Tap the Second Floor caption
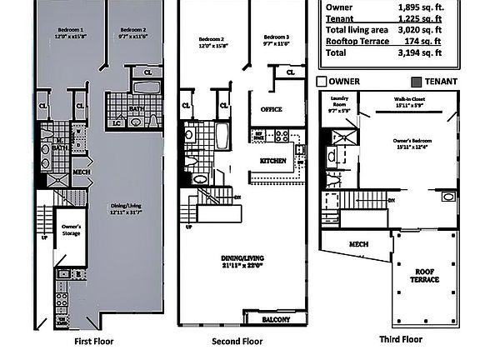coord(237,342)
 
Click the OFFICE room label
coord(271,109)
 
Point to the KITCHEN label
coord(273,160)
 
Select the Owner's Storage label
coord(70,229)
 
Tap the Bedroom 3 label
coord(276,38)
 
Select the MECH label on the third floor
coord(358,245)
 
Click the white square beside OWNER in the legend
coord(321,82)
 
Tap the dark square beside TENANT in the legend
coord(415,82)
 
